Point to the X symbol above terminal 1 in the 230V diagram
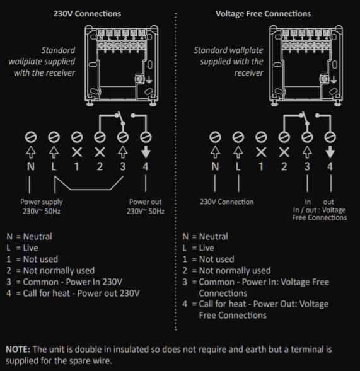(76, 151)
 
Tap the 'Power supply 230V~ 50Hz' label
(42, 207)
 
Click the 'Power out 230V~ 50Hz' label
(146, 207)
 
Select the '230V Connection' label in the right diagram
(226, 202)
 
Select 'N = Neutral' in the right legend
(205, 237)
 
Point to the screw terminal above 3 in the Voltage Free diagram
(308, 136)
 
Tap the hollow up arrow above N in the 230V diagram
(30, 151)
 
